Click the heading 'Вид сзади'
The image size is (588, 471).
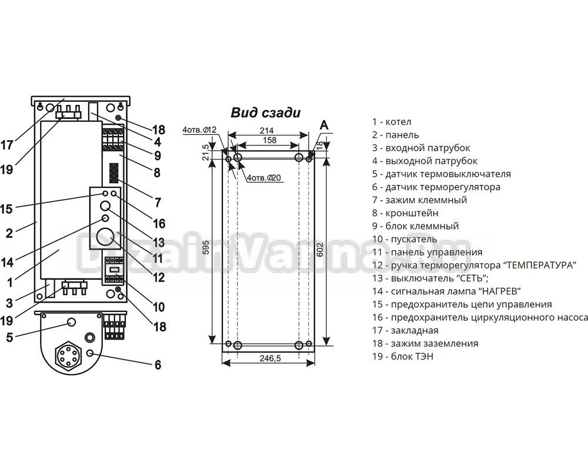tap(266, 112)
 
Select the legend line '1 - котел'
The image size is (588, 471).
tap(391, 122)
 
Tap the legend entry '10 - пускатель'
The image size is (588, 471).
tap(404, 239)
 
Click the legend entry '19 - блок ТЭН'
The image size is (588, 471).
tap(402, 356)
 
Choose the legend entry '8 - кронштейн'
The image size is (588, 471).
tap(405, 213)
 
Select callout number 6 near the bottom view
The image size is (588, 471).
tap(158, 365)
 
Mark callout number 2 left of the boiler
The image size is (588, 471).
tap(9, 233)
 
